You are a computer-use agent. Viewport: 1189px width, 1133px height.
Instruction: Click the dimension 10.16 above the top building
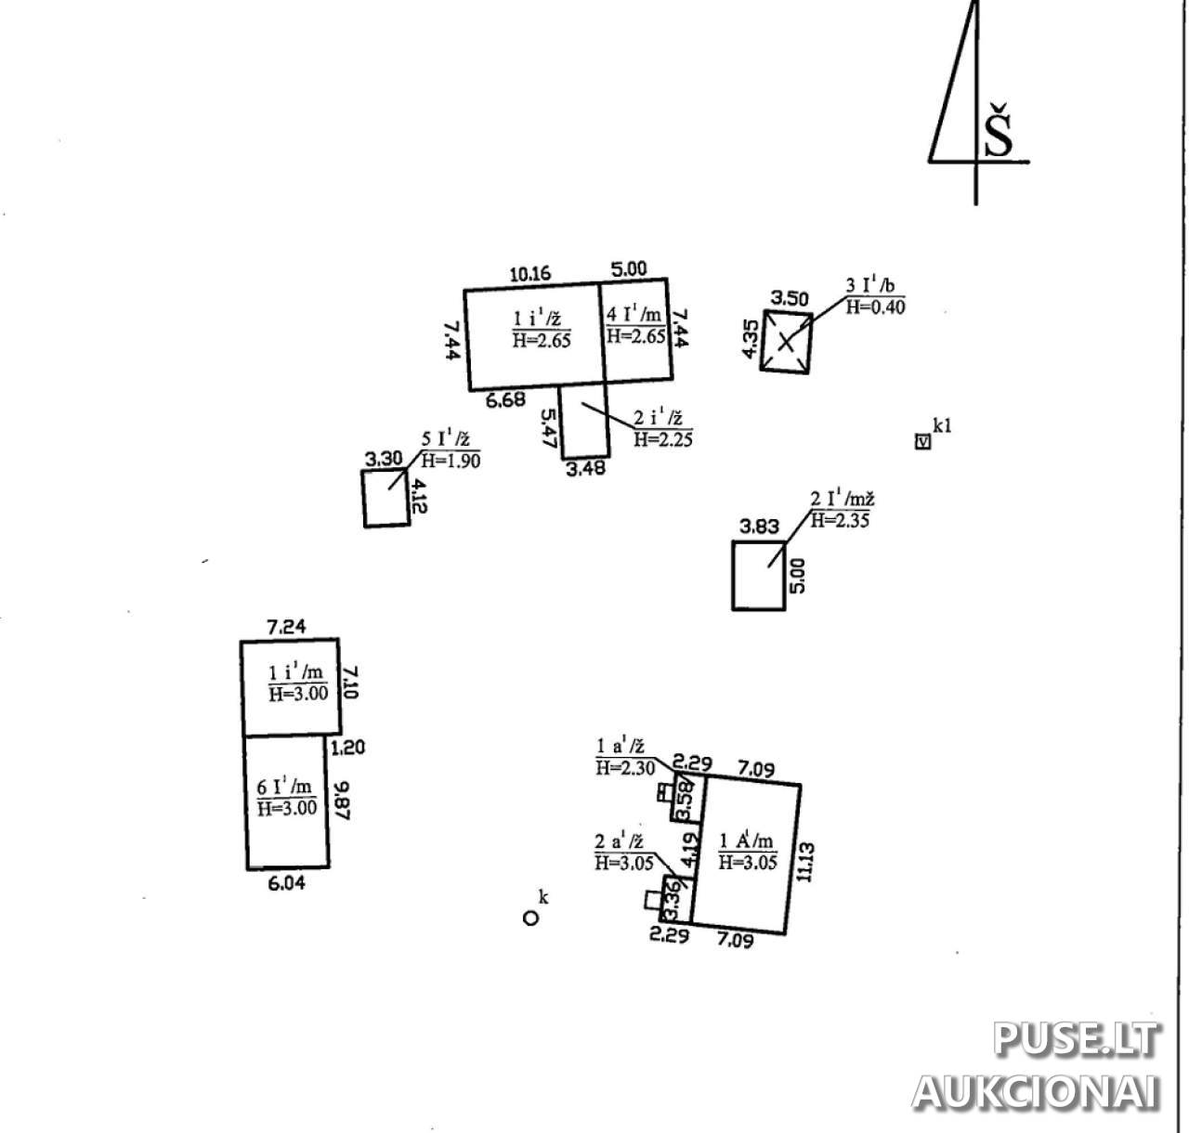coord(530,273)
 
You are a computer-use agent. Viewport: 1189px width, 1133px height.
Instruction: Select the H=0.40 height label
coord(875,307)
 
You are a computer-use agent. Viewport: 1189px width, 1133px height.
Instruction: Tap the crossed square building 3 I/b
coord(787,342)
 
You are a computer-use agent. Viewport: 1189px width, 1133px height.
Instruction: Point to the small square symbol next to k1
coord(922,442)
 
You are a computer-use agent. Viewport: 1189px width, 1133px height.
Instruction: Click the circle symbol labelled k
coord(530,918)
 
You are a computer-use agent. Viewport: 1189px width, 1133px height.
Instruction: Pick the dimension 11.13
coord(805,861)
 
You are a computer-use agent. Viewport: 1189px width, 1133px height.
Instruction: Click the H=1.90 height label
coord(451,461)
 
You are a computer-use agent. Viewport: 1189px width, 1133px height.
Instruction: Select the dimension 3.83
coord(759,527)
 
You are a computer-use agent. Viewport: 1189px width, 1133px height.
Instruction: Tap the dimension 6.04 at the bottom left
coord(286,883)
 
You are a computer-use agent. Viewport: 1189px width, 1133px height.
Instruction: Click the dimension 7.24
coord(287,627)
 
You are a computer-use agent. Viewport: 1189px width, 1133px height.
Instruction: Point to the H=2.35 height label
coord(840,521)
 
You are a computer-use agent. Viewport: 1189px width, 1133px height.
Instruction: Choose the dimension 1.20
coord(346,747)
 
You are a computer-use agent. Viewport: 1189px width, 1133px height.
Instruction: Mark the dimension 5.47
coord(548,429)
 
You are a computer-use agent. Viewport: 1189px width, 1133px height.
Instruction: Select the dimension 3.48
coord(585,469)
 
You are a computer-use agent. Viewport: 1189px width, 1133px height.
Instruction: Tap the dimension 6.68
coord(506,400)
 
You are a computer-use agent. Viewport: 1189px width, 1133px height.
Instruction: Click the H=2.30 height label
coord(625,768)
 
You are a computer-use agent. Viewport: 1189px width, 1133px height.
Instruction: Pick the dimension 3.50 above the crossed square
coord(790,298)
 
